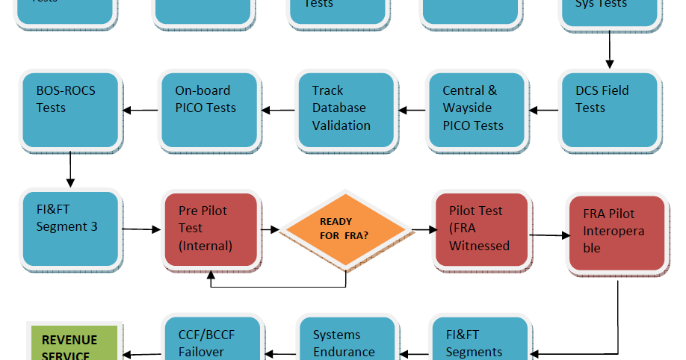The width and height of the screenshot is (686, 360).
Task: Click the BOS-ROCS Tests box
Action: point(71,109)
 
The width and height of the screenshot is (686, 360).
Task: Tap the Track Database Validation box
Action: point(345,109)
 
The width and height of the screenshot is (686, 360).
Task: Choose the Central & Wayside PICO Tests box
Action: point(477,109)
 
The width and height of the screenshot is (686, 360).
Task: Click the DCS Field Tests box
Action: point(610,109)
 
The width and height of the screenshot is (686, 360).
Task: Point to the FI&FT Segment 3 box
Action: point(71,229)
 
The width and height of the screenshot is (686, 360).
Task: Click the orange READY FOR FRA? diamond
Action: point(345,229)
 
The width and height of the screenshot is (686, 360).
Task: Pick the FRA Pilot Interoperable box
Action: point(616,233)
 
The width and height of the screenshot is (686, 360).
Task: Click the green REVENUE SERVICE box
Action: point(75,344)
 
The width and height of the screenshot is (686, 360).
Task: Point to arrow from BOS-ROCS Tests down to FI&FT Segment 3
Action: point(70,170)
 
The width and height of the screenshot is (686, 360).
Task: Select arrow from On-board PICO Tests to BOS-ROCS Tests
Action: point(140,111)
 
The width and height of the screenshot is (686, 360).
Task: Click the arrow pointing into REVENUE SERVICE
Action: point(142,354)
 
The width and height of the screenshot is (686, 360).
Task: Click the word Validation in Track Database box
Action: point(341,125)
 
